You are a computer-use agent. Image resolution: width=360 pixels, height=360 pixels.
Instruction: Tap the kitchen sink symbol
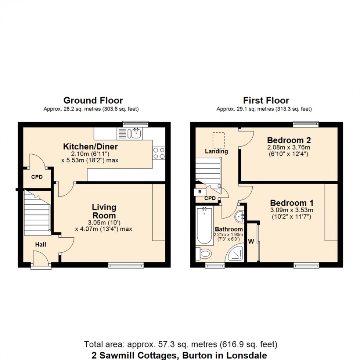[x=135, y=133]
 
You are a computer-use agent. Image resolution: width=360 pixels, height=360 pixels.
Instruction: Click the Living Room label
[x=104, y=212]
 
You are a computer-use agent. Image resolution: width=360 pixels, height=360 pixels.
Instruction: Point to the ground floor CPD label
[x=36, y=177]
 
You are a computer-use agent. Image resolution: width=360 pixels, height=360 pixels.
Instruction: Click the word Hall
[x=40, y=244]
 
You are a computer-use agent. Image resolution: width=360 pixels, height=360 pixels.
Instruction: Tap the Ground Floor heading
[x=93, y=100]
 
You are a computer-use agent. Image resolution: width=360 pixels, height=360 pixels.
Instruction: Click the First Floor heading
[x=266, y=100]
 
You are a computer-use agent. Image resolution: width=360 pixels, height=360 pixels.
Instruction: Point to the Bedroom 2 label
[x=289, y=140]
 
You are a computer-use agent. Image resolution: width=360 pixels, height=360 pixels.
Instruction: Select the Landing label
[x=216, y=151]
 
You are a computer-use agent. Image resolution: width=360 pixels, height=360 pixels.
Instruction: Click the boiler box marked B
[x=199, y=192]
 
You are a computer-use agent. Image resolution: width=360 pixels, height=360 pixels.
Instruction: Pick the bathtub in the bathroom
[x=203, y=226]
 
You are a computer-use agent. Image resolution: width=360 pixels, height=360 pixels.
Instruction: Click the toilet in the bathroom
[x=204, y=253]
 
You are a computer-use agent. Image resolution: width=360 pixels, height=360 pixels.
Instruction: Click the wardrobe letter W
[x=252, y=241]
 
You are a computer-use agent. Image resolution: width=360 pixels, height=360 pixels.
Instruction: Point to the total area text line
[x=180, y=344]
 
